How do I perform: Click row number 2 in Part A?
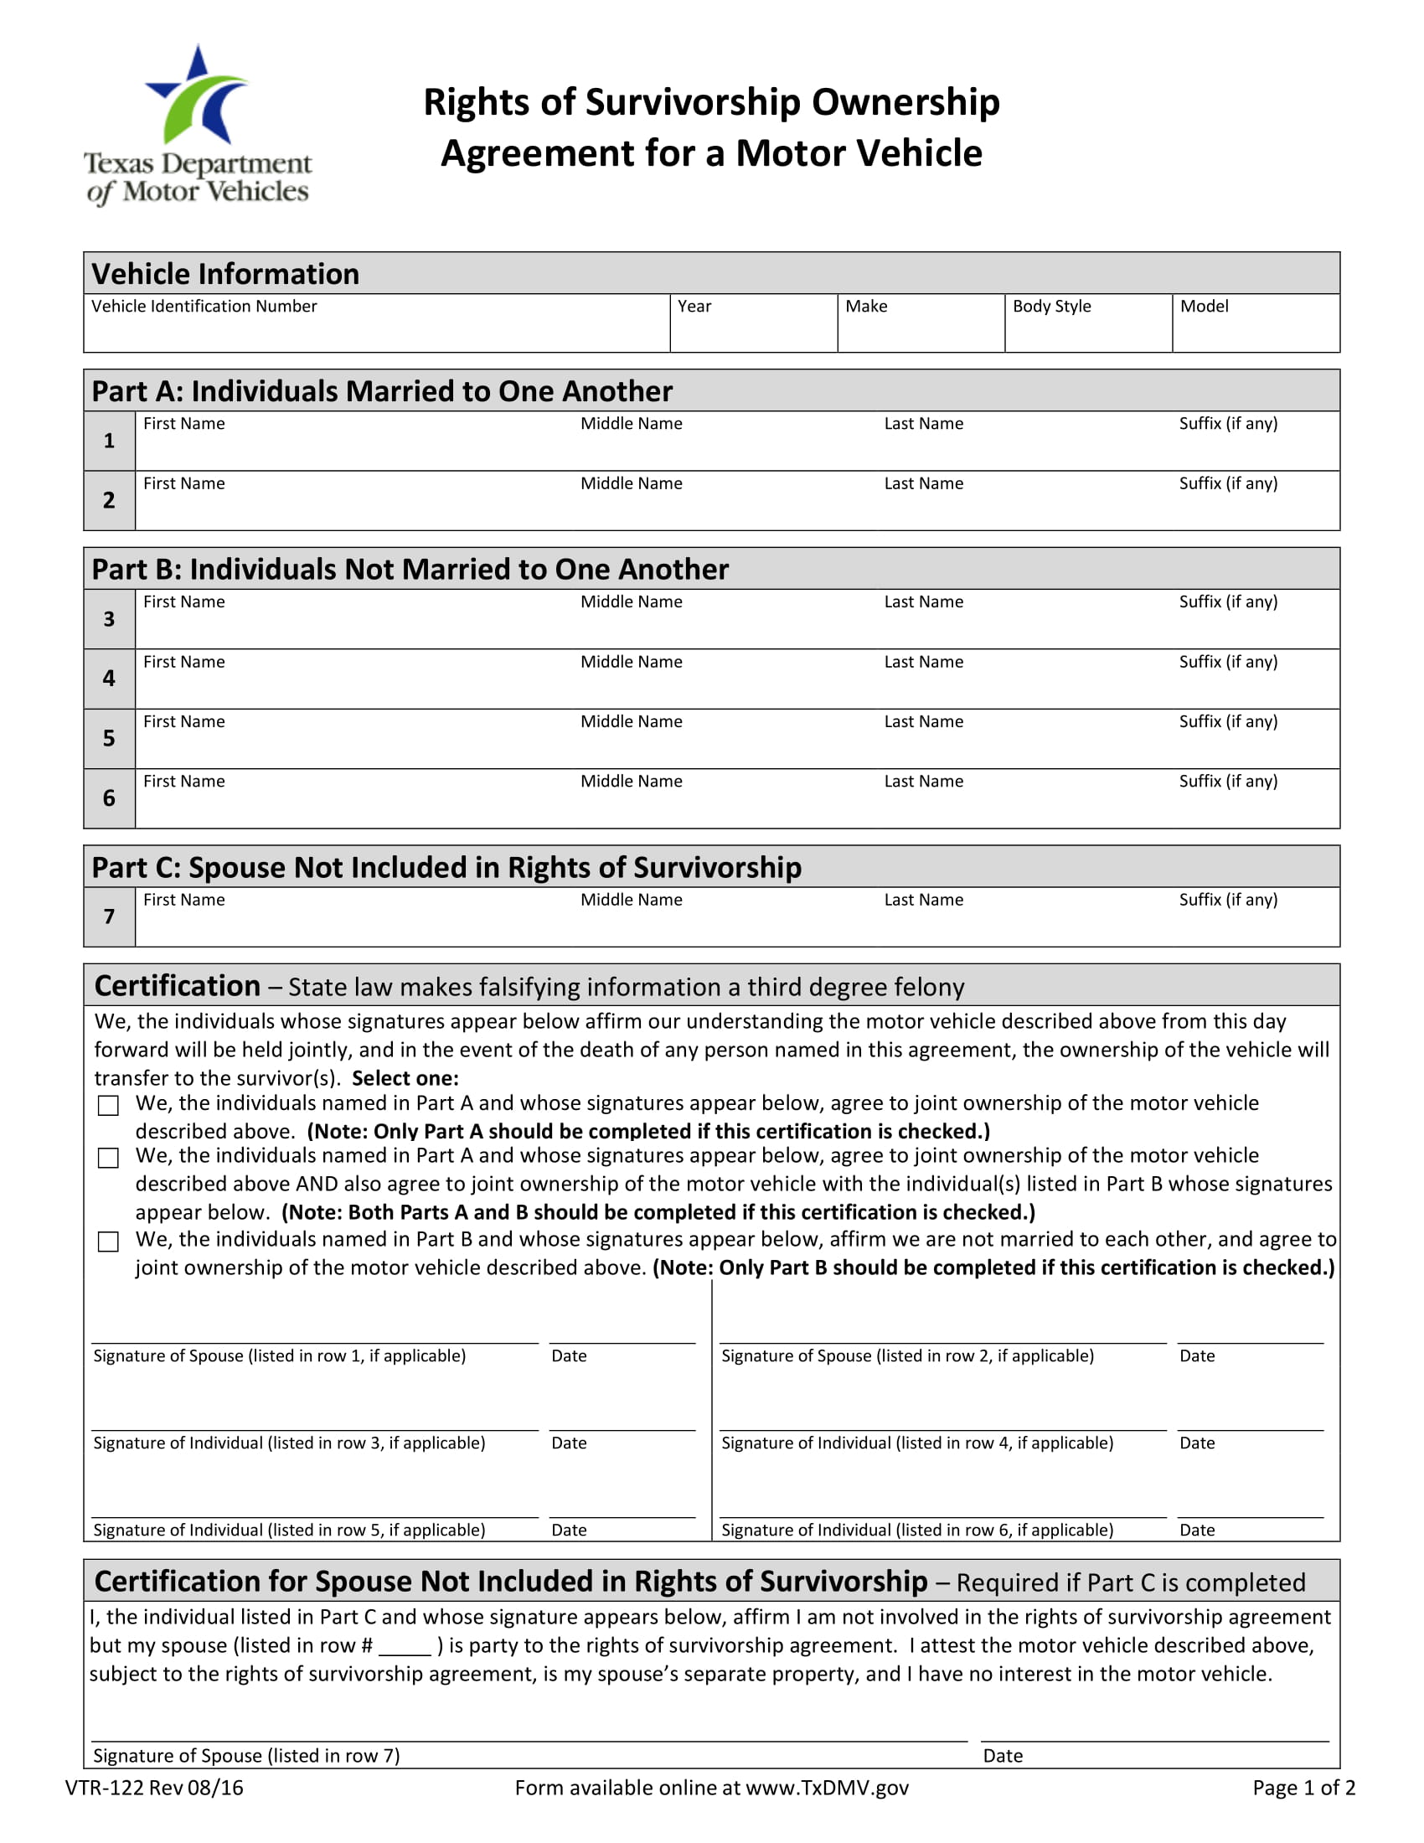tap(109, 500)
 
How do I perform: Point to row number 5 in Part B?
tap(109, 738)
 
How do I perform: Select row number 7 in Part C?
tap(109, 916)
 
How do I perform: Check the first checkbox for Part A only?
tap(108, 1106)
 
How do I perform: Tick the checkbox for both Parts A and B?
tap(108, 1158)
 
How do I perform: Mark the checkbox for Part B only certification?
tap(108, 1242)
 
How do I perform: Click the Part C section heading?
tap(446, 868)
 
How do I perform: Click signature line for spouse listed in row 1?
tap(314, 1332)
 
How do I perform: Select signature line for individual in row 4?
tap(942, 1418)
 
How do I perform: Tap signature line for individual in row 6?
tap(942, 1505)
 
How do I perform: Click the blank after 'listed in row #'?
tap(405, 1646)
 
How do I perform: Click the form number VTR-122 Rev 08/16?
tap(154, 1788)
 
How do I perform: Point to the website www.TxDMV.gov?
tap(827, 1788)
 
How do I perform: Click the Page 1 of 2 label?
tap(1303, 1788)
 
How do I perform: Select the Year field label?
tap(694, 307)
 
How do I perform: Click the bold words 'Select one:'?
tap(405, 1078)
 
